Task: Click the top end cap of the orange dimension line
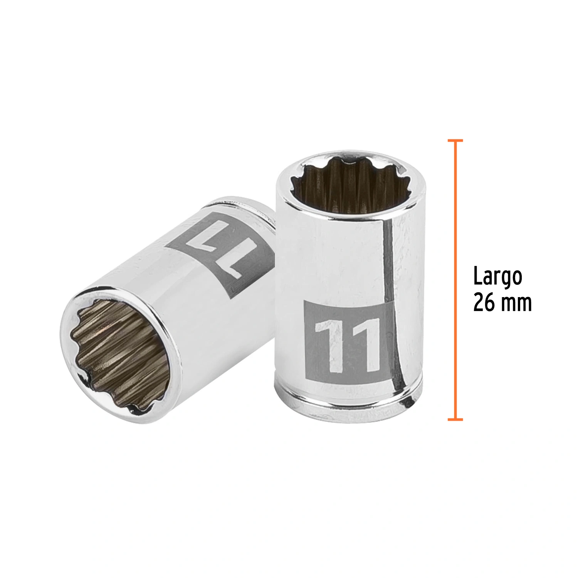tap(455, 141)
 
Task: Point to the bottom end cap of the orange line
tap(455, 419)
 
